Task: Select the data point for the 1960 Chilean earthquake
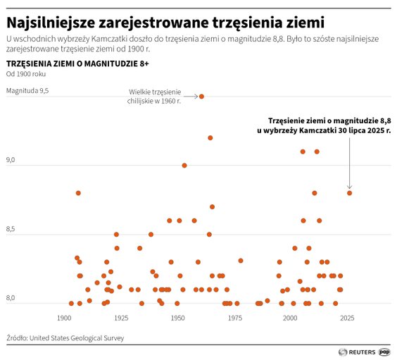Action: [201, 97]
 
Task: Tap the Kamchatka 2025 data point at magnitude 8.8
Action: [349, 193]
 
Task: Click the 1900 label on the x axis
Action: [64, 318]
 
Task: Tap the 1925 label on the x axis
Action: [120, 318]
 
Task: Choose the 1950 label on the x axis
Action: [177, 318]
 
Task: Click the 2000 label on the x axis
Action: [290, 318]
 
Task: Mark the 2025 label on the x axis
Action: [347, 318]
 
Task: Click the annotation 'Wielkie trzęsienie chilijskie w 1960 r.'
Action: [155, 97]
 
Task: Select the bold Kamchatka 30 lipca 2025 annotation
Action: [324, 125]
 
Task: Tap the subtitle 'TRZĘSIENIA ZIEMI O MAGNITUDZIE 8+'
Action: [77, 63]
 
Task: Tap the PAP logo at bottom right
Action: [384, 351]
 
